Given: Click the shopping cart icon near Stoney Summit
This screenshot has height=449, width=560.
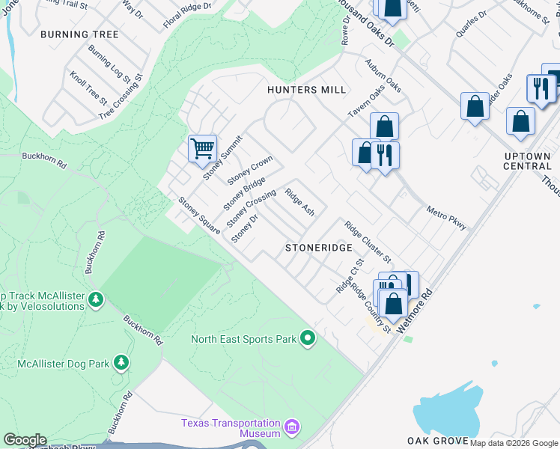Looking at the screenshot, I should [x=202, y=148].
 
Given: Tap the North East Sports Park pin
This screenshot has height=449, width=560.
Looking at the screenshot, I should [x=307, y=339].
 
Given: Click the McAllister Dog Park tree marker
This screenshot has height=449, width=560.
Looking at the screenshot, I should [x=121, y=364].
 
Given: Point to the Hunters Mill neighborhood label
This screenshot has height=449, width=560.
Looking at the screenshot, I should [x=307, y=90].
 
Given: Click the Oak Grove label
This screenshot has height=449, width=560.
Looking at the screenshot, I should [x=438, y=441].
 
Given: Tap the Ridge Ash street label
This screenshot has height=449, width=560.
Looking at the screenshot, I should [x=299, y=202].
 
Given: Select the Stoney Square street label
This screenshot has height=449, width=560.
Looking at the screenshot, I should [x=198, y=216].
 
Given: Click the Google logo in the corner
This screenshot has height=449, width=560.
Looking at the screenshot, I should [x=25, y=440].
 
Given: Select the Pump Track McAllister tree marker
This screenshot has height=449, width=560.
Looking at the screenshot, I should [x=95, y=300].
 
